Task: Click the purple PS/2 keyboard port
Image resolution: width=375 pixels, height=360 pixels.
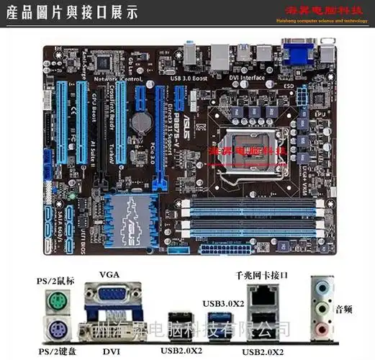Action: coord(55,330)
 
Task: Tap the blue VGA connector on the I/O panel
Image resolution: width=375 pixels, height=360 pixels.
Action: coord(109,295)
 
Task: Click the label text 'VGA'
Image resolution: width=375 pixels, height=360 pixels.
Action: coord(109,274)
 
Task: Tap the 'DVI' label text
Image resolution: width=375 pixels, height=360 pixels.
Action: coord(110,351)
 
